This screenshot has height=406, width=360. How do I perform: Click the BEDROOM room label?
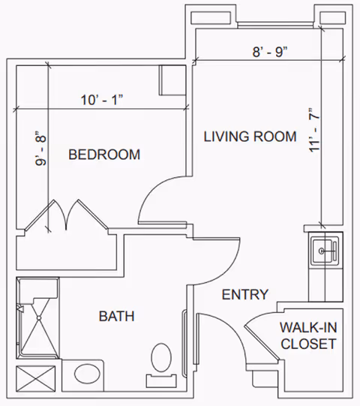(104, 155)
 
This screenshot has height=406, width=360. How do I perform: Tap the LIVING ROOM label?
(250, 137)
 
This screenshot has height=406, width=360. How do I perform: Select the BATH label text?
(117, 316)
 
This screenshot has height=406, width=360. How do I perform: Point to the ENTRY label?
(245, 294)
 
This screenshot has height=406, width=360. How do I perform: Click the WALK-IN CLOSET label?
(309, 335)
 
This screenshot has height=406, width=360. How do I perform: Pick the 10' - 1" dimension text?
(102, 100)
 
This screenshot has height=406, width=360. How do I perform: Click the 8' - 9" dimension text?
(270, 52)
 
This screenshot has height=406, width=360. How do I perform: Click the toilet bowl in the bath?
(161, 358)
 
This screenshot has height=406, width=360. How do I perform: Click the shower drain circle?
(39, 318)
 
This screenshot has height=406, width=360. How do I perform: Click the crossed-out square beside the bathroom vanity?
(36, 378)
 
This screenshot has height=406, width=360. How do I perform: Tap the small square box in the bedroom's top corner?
(172, 80)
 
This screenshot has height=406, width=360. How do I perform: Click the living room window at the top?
(276, 25)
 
